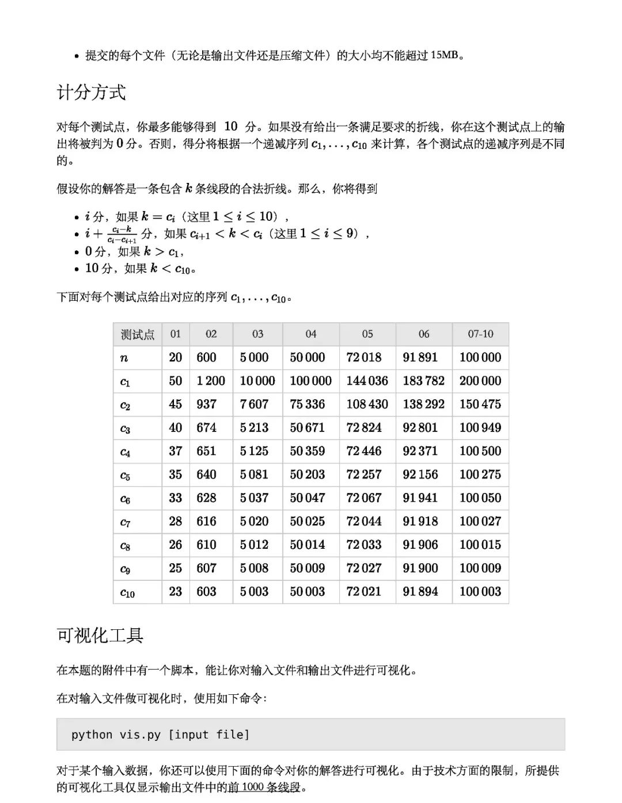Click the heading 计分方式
[91, 92]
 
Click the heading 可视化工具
[100, 635]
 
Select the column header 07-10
[480, 334]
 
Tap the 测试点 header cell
[137, 334]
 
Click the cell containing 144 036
[367, 381]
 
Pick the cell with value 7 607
[254, 404]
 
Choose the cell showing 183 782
[423, 381]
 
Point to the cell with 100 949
[480, 427]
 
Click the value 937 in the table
[206, 404]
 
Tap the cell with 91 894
[420, 591]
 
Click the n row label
[124, 358]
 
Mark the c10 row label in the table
[127, 592]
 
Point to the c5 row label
[125, 475]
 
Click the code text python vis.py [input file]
[160, 735]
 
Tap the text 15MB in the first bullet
[445, 55]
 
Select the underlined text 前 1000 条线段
[265, 787]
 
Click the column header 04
[310, 334]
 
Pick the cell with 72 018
[363, 357]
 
